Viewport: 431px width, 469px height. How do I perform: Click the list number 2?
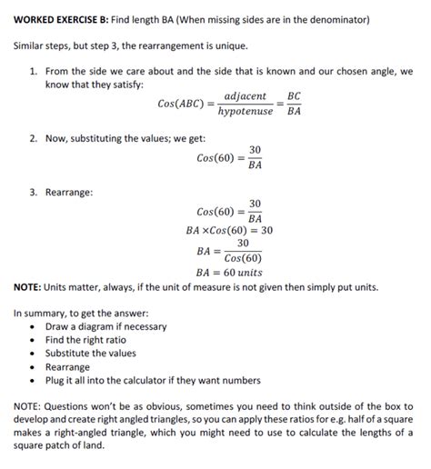pyautogui.click(x=33, y=138)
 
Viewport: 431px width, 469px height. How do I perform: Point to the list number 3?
pyautogui.click(x=33, y=192)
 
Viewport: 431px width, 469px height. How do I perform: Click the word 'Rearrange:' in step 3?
pyautogui.click(x=68, y=192)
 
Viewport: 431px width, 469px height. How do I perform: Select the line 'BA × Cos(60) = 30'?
pyautogui.click(x=229, y=231)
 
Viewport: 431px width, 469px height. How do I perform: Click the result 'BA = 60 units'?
pyautogui.click(x=229, y=271)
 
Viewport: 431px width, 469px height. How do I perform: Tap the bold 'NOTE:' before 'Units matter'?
pyautogui.click(x=32, y=286)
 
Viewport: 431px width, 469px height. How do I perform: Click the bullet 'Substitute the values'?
pyautogui.click(x=90, y=354)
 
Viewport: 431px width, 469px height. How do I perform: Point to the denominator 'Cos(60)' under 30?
pyautogui.click(x=243, y=257)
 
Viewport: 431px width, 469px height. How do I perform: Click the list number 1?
pyautogui.click(x=33, y=70)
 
